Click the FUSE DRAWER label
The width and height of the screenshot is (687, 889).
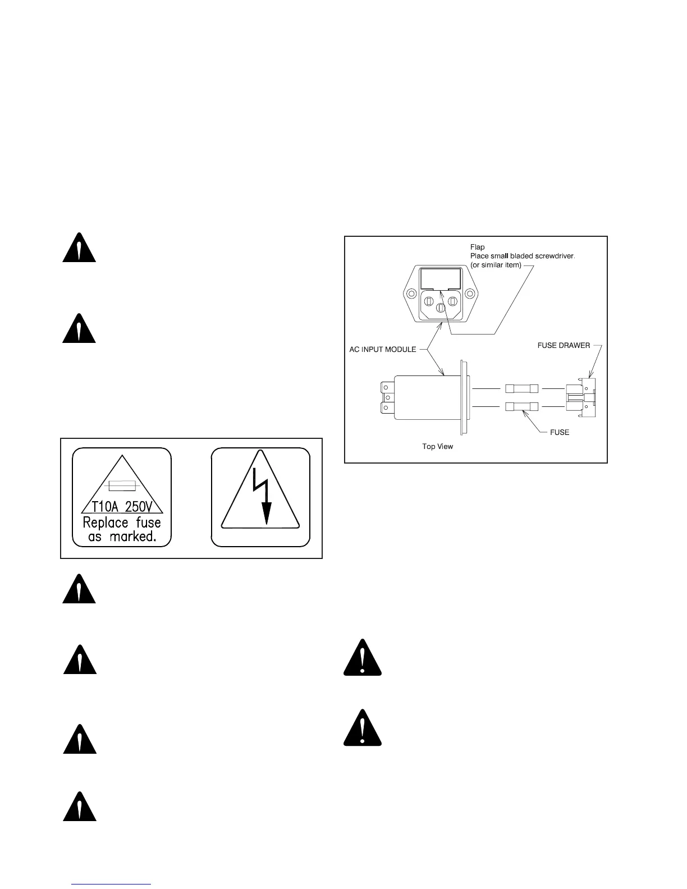point(564,345)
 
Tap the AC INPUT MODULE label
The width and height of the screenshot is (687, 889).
point(383,349)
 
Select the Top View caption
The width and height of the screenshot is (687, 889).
point(437,447)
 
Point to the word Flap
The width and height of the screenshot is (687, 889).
point(477,247)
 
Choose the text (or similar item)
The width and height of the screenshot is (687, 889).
point(496,265)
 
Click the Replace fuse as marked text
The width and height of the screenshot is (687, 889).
point(122,529)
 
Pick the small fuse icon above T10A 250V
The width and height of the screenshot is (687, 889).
point(122,485)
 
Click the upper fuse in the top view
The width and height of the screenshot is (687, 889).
point(522,388)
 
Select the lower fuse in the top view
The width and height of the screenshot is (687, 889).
point(522,406)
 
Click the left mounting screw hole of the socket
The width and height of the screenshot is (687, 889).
point(412,294)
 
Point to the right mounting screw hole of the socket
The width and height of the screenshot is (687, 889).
point(470,294)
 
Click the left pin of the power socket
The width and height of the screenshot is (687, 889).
point(430,301)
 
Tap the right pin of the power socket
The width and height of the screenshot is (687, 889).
point(452,301)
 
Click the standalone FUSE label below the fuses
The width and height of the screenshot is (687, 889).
point(560,432)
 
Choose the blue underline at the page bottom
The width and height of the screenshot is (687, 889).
point(112,885)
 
